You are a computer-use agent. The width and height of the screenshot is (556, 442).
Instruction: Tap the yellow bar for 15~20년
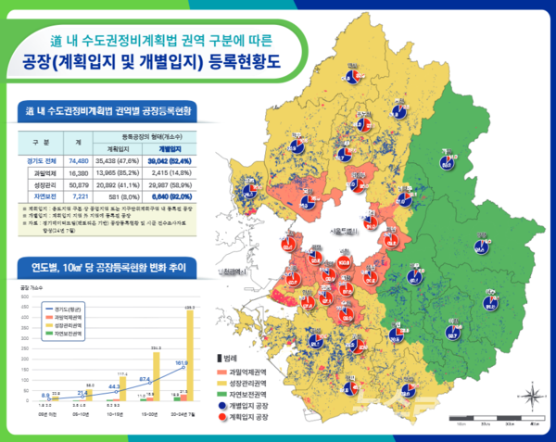pos(157,379)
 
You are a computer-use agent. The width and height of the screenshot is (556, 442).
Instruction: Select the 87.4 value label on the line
pos(145,378)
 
